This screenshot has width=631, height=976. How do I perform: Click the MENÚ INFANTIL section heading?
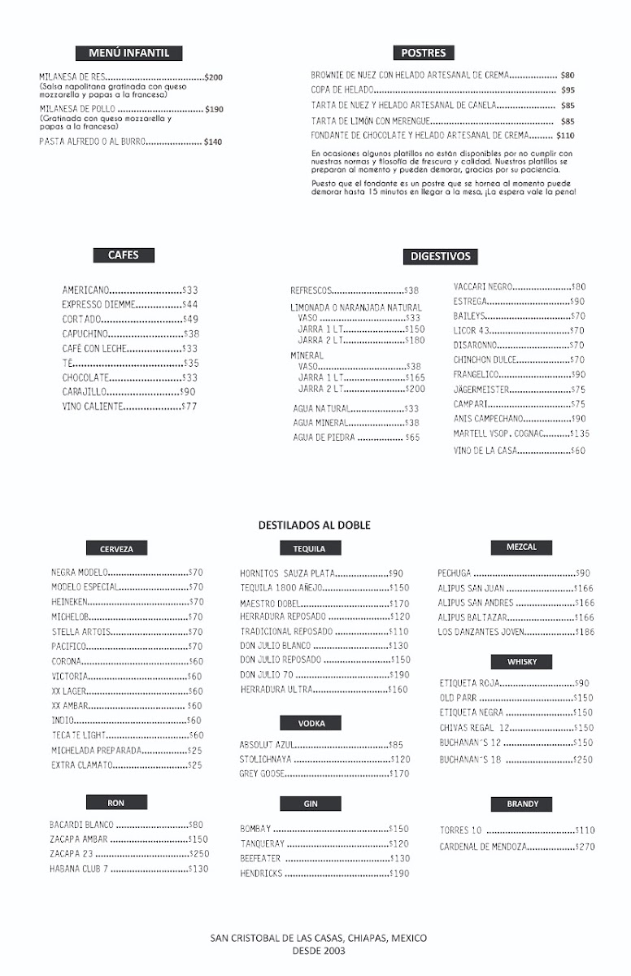(x=128, y=53)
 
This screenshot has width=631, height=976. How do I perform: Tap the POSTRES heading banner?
(x=424, y=53)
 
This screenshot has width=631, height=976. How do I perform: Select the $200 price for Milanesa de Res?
(x=214, y=77)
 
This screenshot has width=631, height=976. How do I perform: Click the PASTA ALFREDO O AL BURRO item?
(x=92, y=142)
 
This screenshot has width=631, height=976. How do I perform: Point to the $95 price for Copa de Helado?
(x=568, y=90)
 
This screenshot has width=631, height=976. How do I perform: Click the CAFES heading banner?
(x=124, y=255)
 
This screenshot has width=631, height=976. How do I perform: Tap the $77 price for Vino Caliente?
(x=189, y=407)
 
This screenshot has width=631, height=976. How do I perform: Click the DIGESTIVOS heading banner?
(x=440, y=256)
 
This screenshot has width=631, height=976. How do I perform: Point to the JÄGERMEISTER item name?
(x=481, y=390)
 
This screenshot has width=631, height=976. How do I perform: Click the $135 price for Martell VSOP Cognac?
(x=580, y=434)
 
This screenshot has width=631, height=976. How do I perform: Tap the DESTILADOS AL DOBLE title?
(x=315, y=525)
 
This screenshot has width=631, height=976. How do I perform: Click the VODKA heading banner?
(x=311, y=723)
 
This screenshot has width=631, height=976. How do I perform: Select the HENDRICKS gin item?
(x=261, y=874)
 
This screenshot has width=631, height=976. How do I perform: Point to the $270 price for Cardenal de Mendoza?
(x=585, y=847)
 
